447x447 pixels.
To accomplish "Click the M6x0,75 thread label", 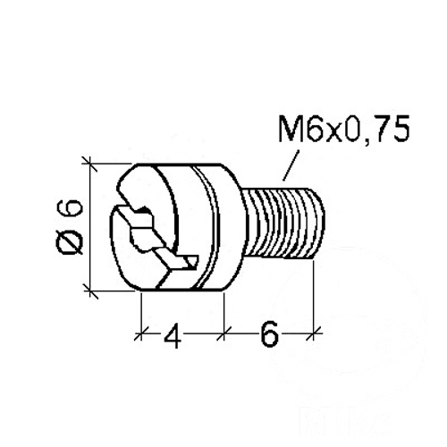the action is pyautogui.click(x=344, y=129).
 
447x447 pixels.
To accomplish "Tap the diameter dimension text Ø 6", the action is pyautogui.click(x=72, y=227).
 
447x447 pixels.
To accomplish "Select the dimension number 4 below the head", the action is pyautogui.click(x=173, y=335).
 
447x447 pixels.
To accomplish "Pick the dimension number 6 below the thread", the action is pyautogui.click(x=269, y=334).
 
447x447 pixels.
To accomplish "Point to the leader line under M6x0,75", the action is pyautogui.click(x=291, y=165).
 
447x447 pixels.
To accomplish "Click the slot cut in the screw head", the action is pyautogui.click(x=155, y=235).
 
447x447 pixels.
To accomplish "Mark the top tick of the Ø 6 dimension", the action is pyautogui.click(x=89, y=164).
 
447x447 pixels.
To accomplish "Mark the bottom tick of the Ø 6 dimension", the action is pyautogui.click(x=90, y=290).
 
